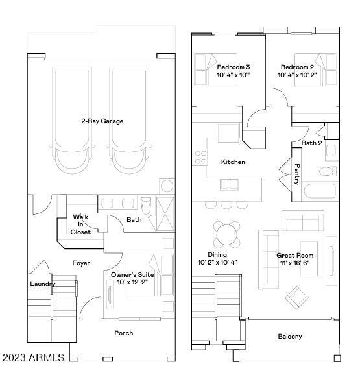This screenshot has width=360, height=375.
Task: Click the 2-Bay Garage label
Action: [x=102, y=121]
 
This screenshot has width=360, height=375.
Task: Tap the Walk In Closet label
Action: [x=81, y=224]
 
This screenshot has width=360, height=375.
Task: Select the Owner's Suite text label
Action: [x=133, y=275]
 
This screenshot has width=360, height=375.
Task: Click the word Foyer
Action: [x=81, y=263]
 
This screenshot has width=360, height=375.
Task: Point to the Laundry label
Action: [x=42, y=284]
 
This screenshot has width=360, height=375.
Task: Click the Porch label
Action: [x=123, y=333]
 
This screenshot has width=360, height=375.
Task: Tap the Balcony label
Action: [x=289, y=337]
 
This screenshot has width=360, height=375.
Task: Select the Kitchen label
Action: [x=233, y=162]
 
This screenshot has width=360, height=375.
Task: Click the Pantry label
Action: [x=297, y=174]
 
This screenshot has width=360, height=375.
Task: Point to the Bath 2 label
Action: [x=311, y=143]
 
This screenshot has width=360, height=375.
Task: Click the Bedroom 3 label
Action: [x=233, y=67]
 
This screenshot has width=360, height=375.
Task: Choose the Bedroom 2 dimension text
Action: [x=297, y=75]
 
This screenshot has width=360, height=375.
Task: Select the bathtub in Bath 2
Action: [x=320, y=191]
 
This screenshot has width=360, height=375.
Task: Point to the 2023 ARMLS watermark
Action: [x=34, y=357]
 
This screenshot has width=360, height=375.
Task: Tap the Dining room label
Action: [x=217, y=255]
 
